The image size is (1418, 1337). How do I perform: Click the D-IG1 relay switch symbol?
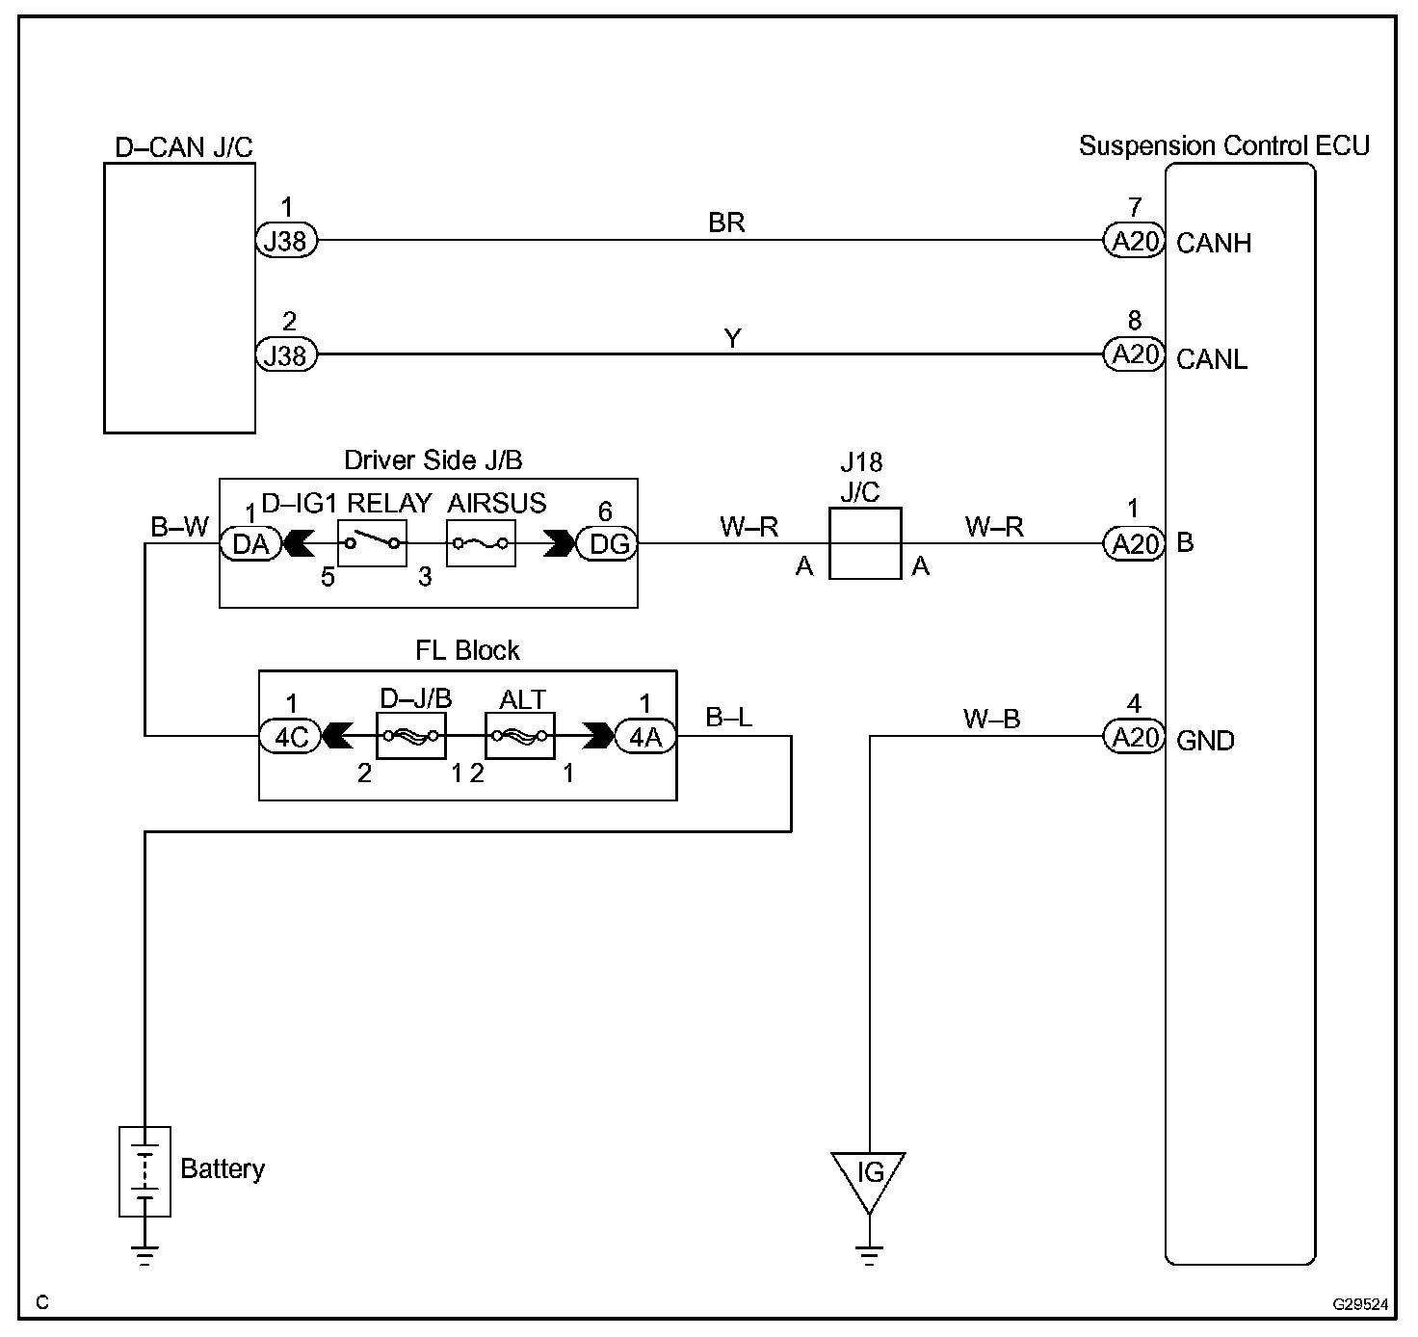pyautogui.click(x=372, y=544)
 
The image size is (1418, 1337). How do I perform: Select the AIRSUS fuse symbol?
pyautogui.click(x=480, y=544)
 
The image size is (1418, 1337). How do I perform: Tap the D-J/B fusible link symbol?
pyautogui.click(x=410, y=737)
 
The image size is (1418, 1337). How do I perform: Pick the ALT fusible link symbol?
pyautogui.click(x=520, y=737)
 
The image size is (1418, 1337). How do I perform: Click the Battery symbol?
pyautogui.click(x=144, y=1171)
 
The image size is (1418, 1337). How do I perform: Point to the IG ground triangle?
pyautogui.click(x=869, y=1176)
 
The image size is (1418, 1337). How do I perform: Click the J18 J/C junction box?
pyautogui.click(x=864, y=544)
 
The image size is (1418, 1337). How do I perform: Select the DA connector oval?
pyautogui.click(x=250, y=544)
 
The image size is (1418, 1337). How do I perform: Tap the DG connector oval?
pyautogui.click(x=608, y=544)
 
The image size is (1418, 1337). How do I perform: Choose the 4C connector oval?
pyautogui.click(x=290, y=737)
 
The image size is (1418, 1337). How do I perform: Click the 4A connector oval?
pyautogui.click(x=644, y=737)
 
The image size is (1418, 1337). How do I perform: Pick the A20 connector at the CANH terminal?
pyautogui.click(x=1134, y=241)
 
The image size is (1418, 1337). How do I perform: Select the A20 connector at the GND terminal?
pyautogui.click(x=1134, y=738)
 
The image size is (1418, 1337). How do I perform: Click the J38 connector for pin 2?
pyautogui.click(x=286, y=355)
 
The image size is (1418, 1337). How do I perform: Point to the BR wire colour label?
pyautogui.click(x=726, y=223)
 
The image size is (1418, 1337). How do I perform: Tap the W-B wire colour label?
pyautogui.click(x=991, y=719)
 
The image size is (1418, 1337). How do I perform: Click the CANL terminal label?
pyautogui.click(x=1212, y=359)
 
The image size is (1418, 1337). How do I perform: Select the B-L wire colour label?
pyautogui.click(x=729, y=718)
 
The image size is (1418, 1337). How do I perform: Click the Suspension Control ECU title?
pyautogui.click(x=1223, y=146)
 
